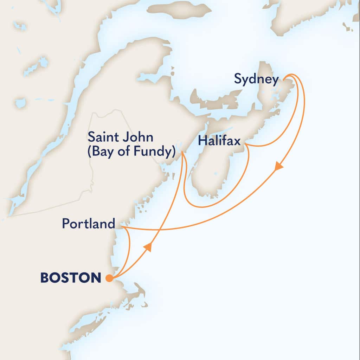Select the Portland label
(x=89, y=224)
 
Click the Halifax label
(x=219, y=141)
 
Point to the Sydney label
(x=256, y=79)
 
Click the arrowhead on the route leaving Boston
(x=148, y=247)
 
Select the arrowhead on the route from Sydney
(x=279, y=166)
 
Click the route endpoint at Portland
(x=123, y=227)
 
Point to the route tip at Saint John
(x=182, y=152)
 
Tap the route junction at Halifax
(x=246, y=144)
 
